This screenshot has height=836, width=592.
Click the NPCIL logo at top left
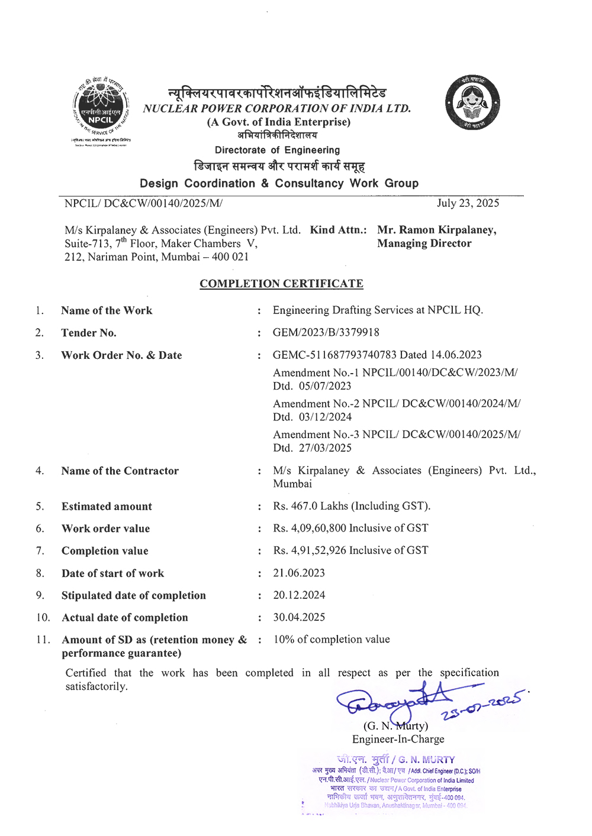click(101, 111)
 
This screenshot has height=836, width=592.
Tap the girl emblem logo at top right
click(472, 103)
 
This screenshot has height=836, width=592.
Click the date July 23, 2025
click(468, 203)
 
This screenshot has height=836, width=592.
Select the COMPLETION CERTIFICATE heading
click(281, 284)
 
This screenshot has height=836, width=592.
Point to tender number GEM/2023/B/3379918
click(326, 333)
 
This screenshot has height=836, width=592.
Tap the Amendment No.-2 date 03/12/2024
click(325, 417)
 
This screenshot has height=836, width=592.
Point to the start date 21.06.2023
click(299, 573)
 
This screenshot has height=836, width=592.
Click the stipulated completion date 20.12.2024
click(299, 595)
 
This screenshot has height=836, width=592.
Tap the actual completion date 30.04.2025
click(299, 617)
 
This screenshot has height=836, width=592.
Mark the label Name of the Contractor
click(120, 471)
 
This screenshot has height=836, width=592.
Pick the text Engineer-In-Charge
click(398, 740)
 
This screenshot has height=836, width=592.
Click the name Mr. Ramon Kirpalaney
click(437, 230)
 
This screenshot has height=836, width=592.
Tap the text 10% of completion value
click(332, 640)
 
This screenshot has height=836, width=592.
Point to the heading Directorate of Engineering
click(277, 150)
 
